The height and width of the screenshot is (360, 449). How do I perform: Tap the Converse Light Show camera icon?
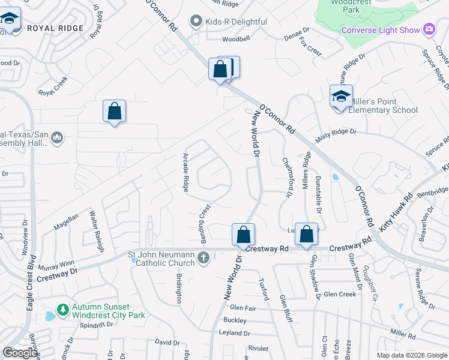(429, 29)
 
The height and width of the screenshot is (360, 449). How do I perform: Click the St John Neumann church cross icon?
(203, 259)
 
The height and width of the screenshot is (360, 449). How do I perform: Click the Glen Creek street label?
(340, 294)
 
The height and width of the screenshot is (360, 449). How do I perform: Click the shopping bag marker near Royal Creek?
(114, 112)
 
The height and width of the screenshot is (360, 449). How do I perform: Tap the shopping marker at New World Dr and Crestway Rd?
(243, 235)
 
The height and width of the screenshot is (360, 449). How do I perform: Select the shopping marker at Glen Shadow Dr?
(306, 235)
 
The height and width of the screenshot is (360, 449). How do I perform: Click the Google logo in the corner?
(20, 353)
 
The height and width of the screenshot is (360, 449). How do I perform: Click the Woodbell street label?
(235, 39)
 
